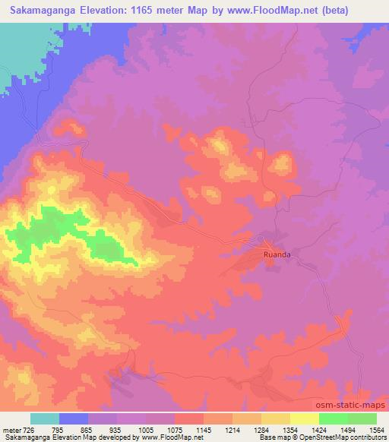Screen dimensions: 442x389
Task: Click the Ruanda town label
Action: coord(277,255)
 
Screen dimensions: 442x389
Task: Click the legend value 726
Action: coord(30,429)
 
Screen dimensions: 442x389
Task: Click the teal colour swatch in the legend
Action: coord(45,418)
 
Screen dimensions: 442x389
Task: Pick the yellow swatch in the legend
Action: coord(276,418)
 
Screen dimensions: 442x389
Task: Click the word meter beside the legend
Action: coord(11,429)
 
